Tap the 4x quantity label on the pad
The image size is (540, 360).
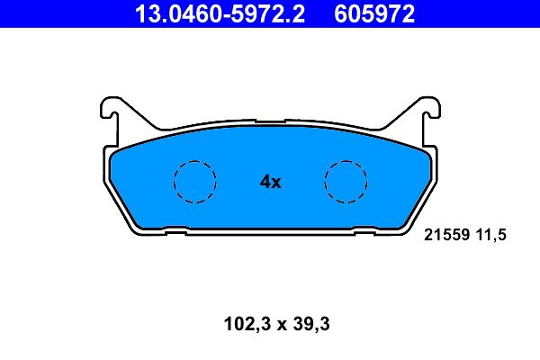click(270, 182)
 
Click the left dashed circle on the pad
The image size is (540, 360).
click(194, 182)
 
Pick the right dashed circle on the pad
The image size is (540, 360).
click(346, 182)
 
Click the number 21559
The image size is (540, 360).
click(444, 235)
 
